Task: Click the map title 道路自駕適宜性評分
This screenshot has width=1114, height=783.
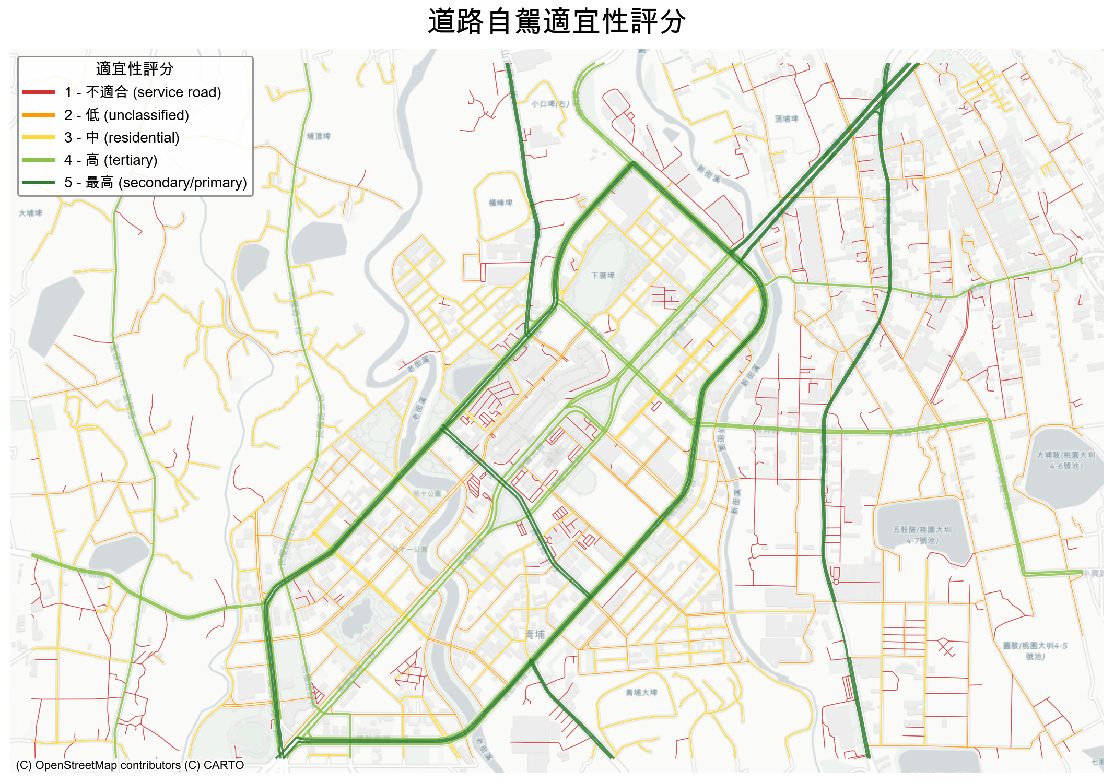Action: click(x=557, y=22)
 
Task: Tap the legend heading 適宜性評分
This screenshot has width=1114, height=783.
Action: click(x=135, y=69)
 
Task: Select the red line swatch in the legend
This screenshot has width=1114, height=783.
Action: click(x=38, y=92)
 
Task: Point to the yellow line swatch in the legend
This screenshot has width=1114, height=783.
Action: click(x=38, y=137)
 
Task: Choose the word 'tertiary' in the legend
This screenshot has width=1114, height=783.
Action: click(x=131, y=160)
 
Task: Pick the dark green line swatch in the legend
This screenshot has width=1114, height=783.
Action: click(x=38, y=183)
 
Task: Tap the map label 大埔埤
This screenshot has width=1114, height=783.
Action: click(x=30, y=213)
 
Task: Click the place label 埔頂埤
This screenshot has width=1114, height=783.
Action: click(x=319, y=136)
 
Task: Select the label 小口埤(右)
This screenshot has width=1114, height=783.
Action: click(x=550, y=104)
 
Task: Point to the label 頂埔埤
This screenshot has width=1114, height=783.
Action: click(x=787, y=119)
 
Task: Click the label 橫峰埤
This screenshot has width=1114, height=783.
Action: click(x=500, y=203)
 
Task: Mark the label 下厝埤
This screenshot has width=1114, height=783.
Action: click(x=603, y=275)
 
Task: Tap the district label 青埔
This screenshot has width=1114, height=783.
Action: click(x=535, y=634)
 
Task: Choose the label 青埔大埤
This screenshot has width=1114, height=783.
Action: click(x=641, y=692)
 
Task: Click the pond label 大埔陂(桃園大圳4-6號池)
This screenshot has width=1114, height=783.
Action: click(x=1066, y=460)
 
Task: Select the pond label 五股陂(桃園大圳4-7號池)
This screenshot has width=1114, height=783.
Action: click(x=922, y=535)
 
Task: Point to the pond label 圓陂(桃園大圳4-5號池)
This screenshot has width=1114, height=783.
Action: click(x=1035, y=650)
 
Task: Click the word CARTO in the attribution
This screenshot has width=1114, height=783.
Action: click(x=224, y=765)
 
